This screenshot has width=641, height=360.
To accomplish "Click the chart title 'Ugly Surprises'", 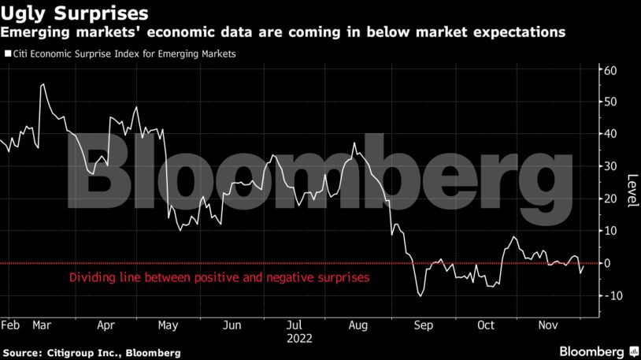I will pos(74,13).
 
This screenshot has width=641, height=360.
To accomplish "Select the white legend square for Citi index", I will pos(8,54).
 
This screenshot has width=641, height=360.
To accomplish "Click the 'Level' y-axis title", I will pos(631,190).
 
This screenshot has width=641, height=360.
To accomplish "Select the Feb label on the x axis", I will pos(10,325).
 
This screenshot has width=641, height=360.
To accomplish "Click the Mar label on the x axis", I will pos(43,325).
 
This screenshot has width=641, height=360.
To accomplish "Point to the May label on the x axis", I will pos(168,325).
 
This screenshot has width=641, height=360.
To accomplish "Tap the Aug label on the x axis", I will pos(358,325).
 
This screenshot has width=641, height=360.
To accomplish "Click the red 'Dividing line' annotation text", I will pos(219,278).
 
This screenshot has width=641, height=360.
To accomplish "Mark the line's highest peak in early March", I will pos(43,84).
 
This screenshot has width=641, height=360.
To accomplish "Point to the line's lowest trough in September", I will pos(421,296).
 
